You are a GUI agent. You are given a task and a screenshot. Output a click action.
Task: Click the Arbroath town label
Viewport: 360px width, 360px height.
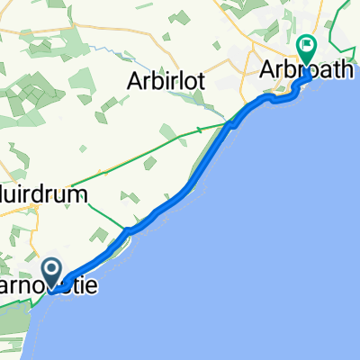click(x=306, y=69)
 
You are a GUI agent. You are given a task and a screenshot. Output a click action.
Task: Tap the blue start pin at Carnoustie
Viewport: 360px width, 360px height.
click(x=50, y=271)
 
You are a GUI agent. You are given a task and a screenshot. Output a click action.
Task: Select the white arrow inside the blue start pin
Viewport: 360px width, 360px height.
click(x=50, y=268)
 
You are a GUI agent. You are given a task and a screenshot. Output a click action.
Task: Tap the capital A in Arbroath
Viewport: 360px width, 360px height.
click(x=267, y=69)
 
